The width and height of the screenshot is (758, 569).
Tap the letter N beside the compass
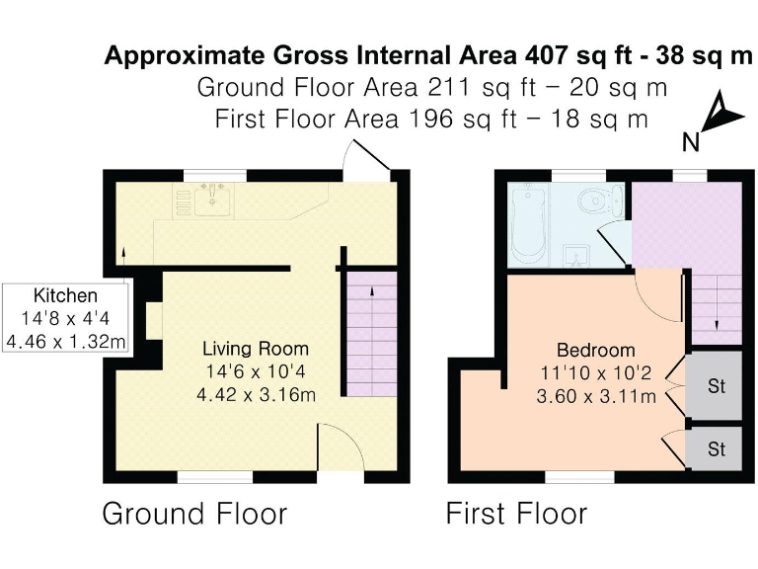[x=691, y=142]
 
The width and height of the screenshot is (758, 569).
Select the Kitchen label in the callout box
[x=65, y=295]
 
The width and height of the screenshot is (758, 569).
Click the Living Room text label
[x=255, y=349]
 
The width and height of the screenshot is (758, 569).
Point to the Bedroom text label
[x=595, y=351]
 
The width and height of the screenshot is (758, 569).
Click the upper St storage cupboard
[x=716, y=385]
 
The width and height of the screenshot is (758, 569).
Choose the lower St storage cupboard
[x=716, y=448]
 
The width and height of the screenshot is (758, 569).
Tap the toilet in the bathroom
[x=593, y=201]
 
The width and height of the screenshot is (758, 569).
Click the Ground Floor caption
[x=194, y=515]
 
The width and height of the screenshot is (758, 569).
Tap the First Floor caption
[x=516, y=515]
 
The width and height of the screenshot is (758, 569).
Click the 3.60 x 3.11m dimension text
[x=595, y=397]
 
